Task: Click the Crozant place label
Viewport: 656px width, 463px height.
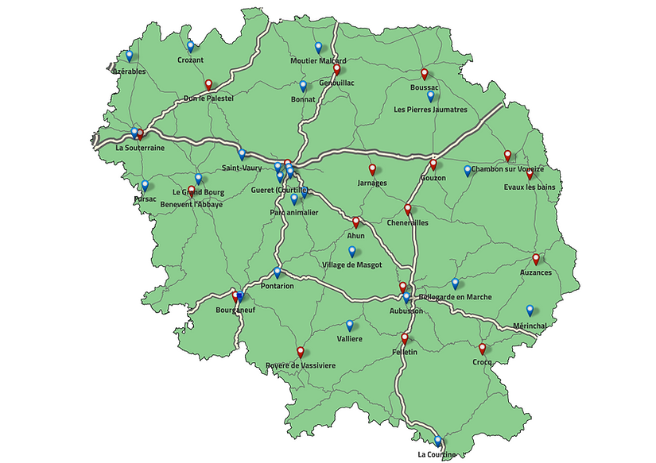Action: coord(191,60)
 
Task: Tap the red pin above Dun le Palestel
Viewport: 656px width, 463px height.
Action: coord(209,85)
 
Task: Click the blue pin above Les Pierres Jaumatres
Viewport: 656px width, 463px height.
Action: coord(431,97)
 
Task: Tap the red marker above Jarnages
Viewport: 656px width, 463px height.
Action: coord(372,169)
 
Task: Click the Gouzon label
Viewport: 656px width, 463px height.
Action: coord(434,178)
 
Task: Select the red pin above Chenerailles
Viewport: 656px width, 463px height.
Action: coord(408,210)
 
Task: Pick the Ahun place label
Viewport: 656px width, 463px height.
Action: coord(355,235)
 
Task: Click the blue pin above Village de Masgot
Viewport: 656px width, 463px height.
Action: coord(352,252)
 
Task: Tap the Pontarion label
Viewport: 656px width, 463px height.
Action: coord(277,285)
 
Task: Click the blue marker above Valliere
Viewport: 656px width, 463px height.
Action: coord(350,326)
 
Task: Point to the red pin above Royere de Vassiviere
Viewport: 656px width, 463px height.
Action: coord(301,352)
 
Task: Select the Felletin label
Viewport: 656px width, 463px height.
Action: coord(405,352)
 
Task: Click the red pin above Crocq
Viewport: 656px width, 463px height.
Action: coord(483,349)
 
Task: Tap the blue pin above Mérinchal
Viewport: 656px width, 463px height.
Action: coord(530,311)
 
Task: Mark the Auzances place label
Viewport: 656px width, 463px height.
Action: coord(535,272)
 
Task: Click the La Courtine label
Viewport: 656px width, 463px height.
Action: coord(437,454)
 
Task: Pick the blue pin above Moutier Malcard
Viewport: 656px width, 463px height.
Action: coord(318,48)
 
